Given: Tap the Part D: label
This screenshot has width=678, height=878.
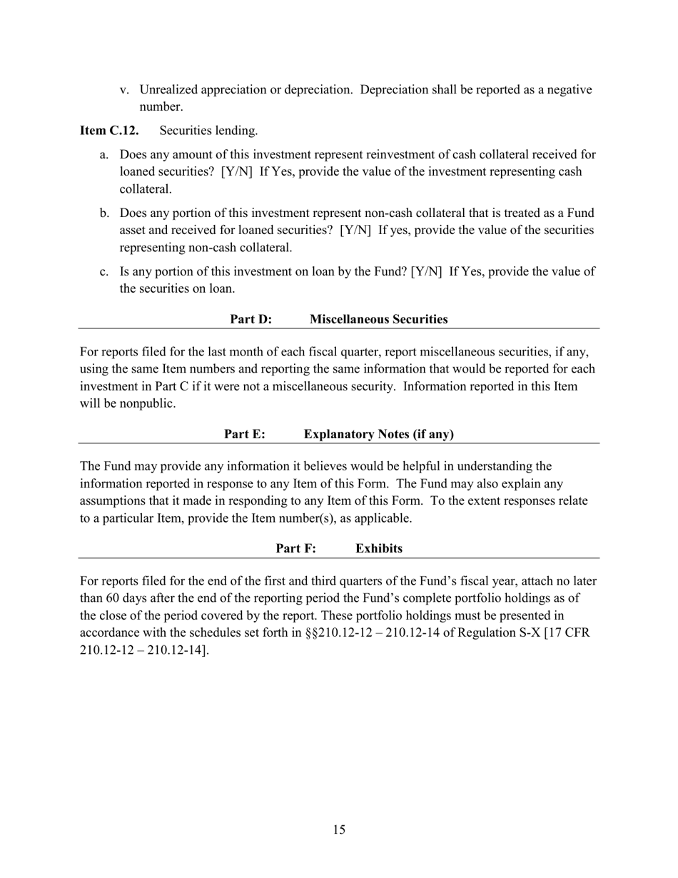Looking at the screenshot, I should pos(251,319).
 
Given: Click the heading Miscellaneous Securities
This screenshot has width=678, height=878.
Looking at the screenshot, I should pos(378,319).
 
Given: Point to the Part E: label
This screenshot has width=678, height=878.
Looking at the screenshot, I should pos(245,434).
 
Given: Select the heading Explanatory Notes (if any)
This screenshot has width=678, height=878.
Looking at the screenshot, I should pos(378,434).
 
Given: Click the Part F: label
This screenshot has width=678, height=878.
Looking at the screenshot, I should pos(295,548).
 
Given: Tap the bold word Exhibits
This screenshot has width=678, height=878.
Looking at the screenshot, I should pos(378,548).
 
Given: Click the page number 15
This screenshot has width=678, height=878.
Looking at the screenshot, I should pos(339,829).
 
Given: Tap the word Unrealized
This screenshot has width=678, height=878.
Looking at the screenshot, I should pos(168,90).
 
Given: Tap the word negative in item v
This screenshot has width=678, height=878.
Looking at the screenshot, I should pos(568,90).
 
